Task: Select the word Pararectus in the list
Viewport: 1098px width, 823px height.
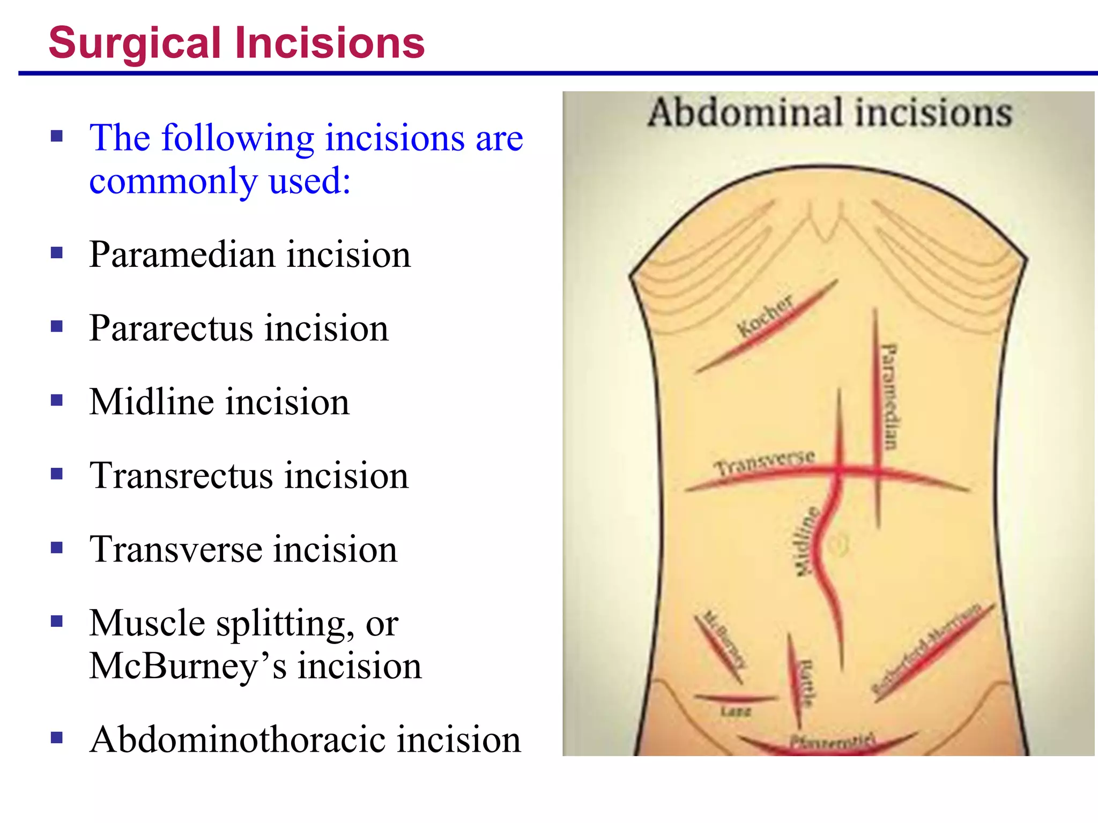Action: pyautogui.click(x=170, y=328)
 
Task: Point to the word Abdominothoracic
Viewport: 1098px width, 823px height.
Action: pyautogui.click(x=236, y=740)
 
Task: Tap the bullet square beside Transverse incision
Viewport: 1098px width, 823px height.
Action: pyautogui.click(x=57, y=548)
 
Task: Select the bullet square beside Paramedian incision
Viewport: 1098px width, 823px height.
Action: pyautogui.click(x=57, y=252)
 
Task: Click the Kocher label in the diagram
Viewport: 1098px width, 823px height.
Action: pyautogui.click(x=765, y=316)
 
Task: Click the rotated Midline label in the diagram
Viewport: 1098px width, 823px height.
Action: pyautogui.click(x=805, y=541)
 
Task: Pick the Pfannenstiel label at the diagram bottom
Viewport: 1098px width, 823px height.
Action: pyautogui.click(x=832, y=742)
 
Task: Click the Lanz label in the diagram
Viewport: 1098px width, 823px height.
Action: pyautogui.click(x=736, y=712)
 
